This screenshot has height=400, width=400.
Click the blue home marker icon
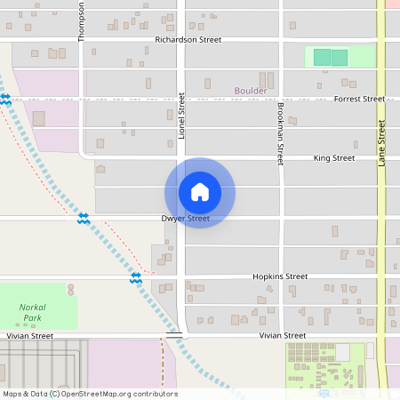point(200,192)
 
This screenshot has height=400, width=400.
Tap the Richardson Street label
point(188,40)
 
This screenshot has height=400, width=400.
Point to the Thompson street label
point(82,20)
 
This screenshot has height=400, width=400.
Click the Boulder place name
point(251,91)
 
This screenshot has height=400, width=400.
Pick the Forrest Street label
point(359,100)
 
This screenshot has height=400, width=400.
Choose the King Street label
point(334,158)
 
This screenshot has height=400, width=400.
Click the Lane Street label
point(381,143)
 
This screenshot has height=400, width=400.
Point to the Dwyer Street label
point(186,218)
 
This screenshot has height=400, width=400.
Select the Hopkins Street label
point(279,276)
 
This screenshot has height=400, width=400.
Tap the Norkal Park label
point(32,312)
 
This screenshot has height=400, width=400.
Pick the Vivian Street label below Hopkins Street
point(283,335)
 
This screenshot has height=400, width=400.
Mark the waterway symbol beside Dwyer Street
point(83,218)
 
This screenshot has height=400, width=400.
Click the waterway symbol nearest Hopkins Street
point(136,277)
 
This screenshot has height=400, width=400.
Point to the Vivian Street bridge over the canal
point(174,336)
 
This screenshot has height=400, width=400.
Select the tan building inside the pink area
point(38,118)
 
